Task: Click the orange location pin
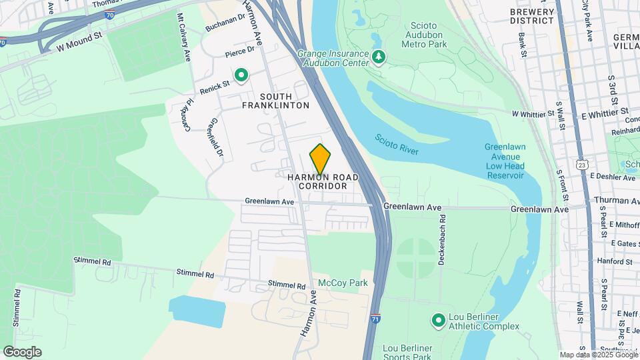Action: coord(320,159)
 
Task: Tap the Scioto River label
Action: coord(396,144)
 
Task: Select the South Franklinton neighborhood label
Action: coord(275,101)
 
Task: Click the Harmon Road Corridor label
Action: coord(323,181)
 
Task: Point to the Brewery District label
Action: coord(531,16)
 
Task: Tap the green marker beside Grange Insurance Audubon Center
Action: coord(379,58)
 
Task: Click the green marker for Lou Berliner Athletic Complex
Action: coord(438,321)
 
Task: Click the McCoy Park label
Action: coord(343,283)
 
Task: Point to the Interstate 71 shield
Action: coord(376,319)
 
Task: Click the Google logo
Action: coord(22,351)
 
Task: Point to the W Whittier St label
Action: coord(533,115)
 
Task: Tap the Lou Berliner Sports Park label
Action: coord(407,353)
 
